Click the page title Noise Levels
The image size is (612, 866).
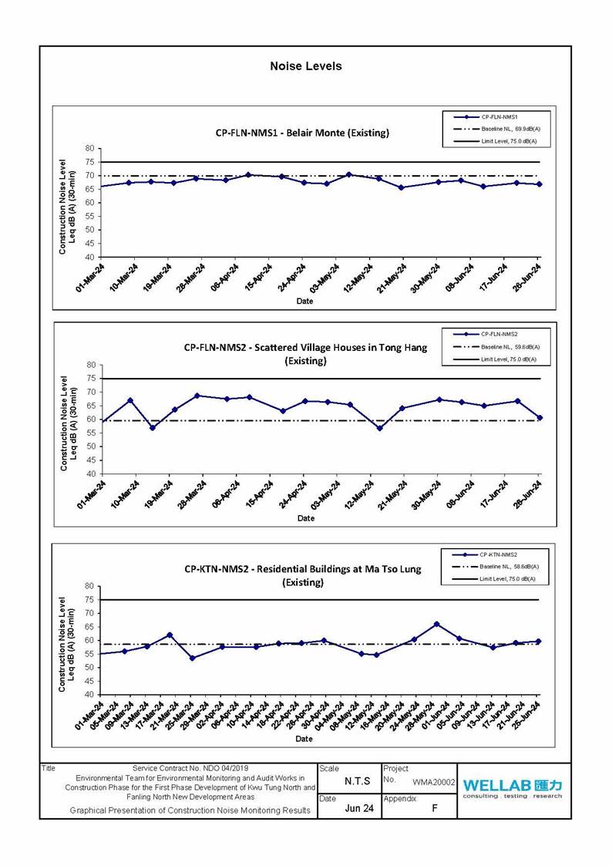click(305, 66)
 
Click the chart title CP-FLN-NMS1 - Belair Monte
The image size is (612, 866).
click(302, 133)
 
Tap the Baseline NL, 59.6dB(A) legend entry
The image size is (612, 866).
click(509, 347)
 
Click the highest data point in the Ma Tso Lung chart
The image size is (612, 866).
click(436, 624)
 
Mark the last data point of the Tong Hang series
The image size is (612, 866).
click(540, 417)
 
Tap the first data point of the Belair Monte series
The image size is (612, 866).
click(100, 187)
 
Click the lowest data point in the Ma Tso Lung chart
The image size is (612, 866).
click(192, 658)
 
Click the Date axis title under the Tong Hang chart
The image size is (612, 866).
click(306, 517)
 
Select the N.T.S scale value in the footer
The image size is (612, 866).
click(358, 781)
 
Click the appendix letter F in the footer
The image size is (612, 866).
click(435, 808)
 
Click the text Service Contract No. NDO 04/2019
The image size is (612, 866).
click(190, 768)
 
